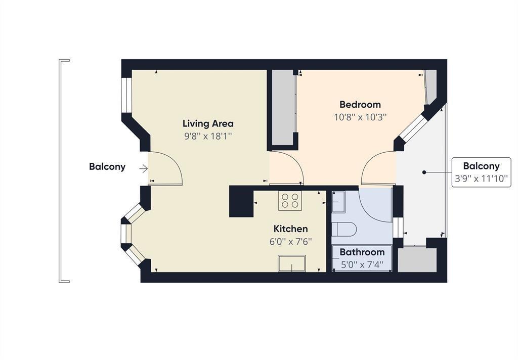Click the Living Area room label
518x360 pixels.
[208, 123]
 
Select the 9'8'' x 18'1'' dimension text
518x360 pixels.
[208, 136]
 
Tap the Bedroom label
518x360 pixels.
[360, 105]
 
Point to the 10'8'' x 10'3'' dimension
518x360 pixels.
[360, 117]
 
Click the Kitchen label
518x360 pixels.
[291, 229]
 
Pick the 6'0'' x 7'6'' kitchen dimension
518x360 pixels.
[291, 241]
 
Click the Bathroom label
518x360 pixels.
[362, 252]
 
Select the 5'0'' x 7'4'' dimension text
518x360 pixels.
[362, 264]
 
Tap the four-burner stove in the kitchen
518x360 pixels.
[290, 201]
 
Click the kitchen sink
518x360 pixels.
[292, 263]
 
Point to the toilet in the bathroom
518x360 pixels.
[344, 229]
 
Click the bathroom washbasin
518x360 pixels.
[338, 202]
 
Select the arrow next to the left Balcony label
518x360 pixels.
[143, 169]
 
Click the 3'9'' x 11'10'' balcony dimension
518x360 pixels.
[481, 178]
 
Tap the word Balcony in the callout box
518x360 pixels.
[482, 166]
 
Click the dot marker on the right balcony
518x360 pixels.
[424, 172]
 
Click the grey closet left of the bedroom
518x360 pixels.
[283, 107]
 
